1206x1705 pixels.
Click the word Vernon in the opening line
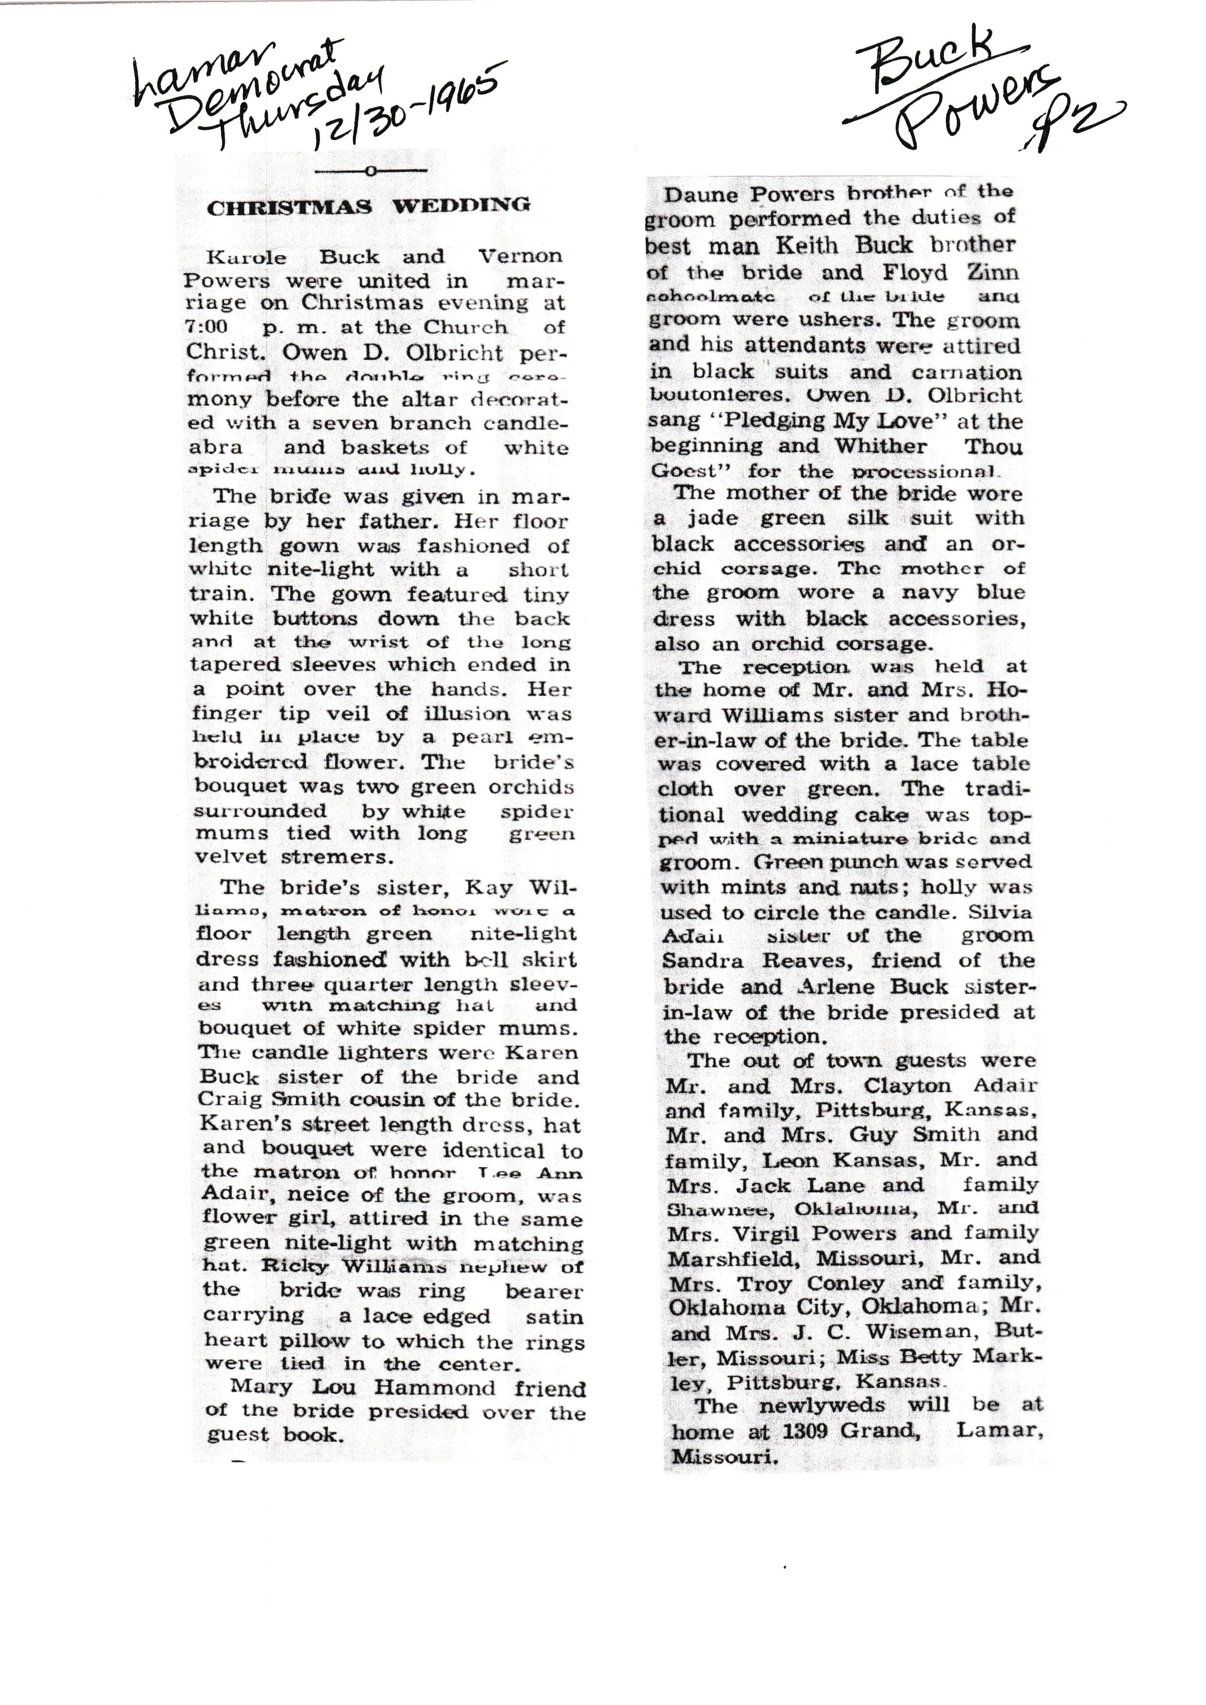[520, 257]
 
